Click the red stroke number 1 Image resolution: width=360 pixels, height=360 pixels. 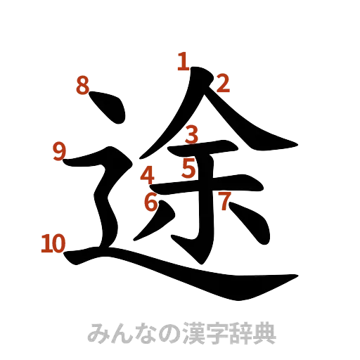coord(183,63)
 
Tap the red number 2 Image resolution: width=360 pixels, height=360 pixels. coord(223,85)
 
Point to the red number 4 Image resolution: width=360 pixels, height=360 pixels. coord(148,173)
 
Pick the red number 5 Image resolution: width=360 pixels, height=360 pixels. coord(188,168)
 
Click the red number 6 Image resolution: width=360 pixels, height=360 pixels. coord(150,202)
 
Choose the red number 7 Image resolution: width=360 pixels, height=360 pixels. coord(224,202)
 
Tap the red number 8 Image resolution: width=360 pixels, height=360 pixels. coord(83,86)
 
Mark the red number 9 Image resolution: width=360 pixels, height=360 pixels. coord(59,150)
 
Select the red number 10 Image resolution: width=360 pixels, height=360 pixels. coord(53,243)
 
